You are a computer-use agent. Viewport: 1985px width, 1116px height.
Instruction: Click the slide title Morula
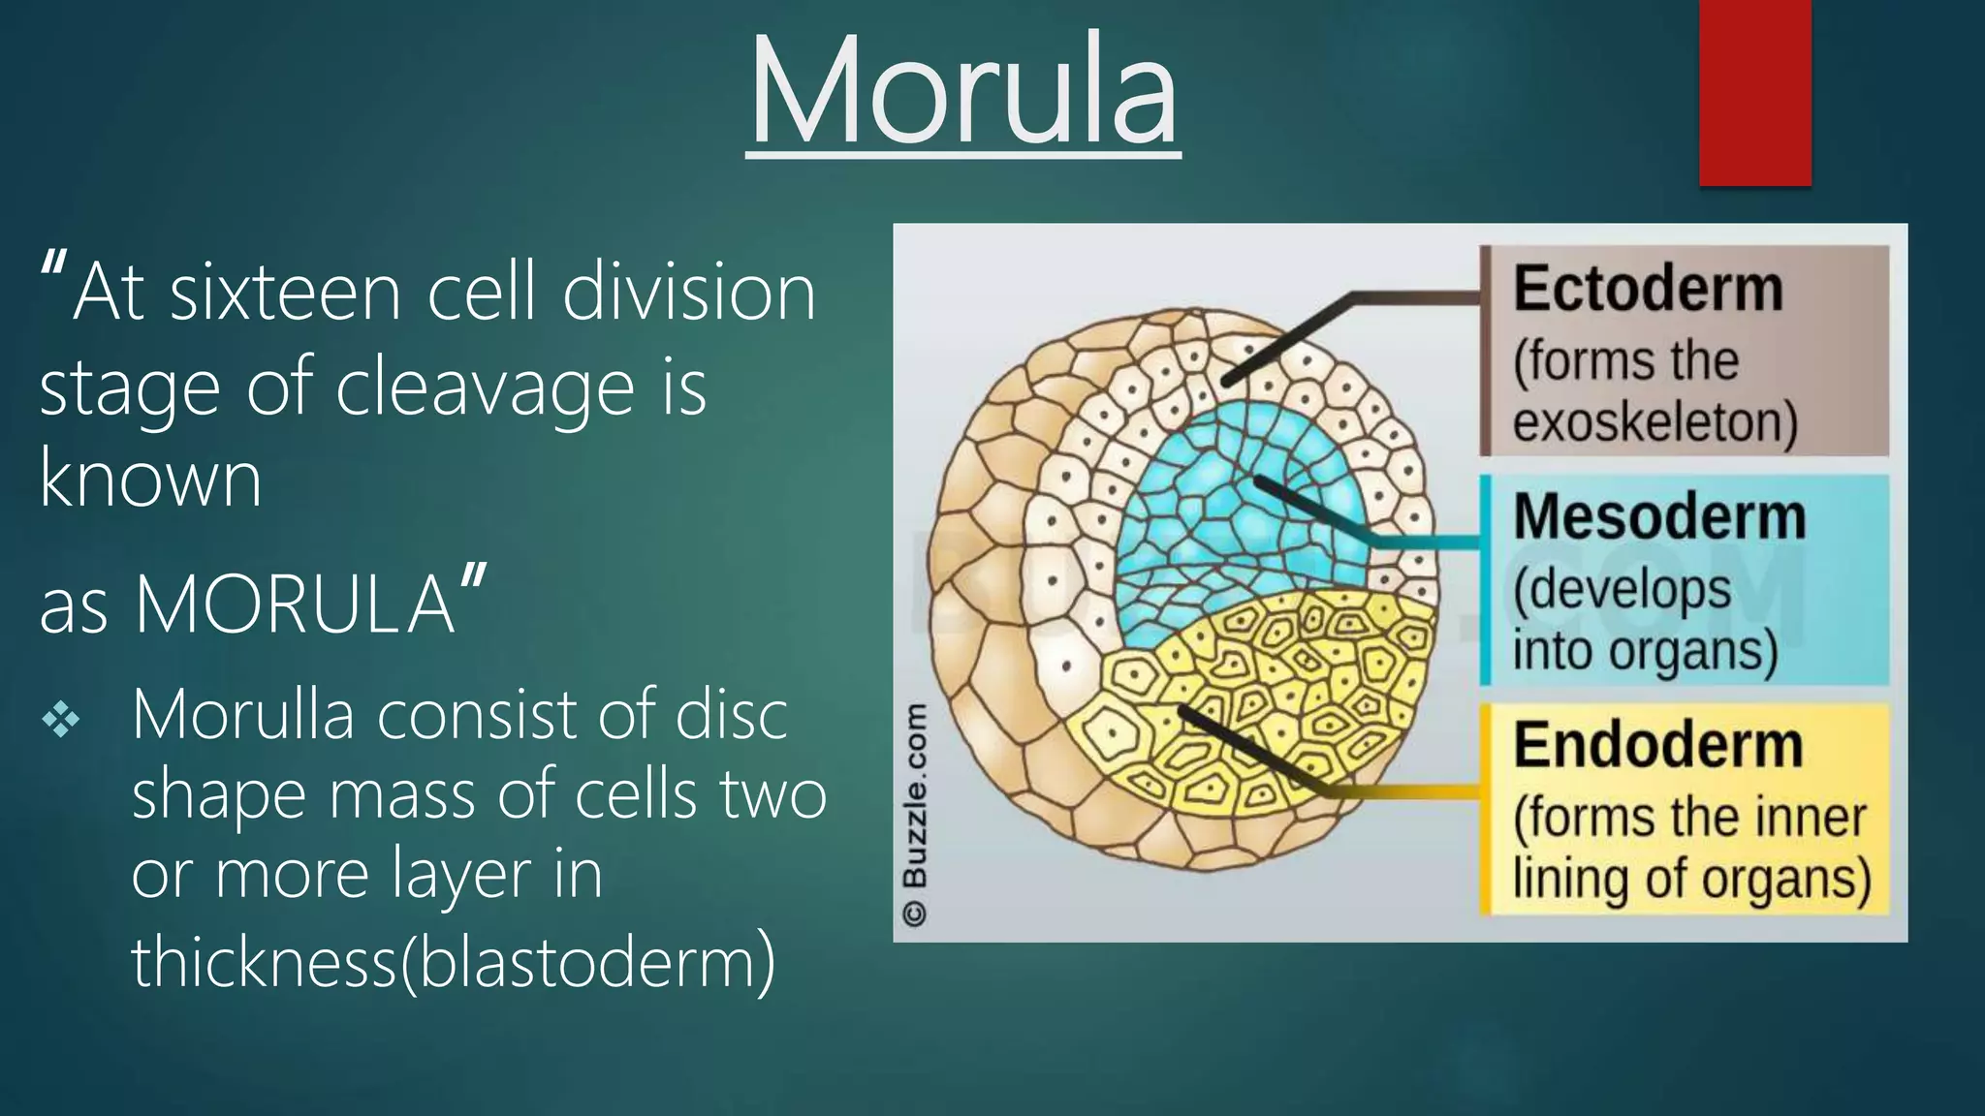click(963, 92)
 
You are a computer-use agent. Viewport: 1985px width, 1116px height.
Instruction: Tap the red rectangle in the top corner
click(1754, 92)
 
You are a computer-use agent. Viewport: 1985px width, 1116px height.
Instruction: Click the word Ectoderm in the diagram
click(1648, 289)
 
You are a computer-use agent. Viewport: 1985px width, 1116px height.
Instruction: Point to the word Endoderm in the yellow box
click(1657, 746)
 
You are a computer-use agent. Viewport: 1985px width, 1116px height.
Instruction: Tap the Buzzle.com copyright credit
click(914, 814)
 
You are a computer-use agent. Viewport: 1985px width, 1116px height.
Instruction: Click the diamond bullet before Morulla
click(61, 720)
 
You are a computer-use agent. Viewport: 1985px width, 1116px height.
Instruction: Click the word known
click(150, 479)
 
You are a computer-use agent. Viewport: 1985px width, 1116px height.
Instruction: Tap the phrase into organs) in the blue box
click(1645, 650)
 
